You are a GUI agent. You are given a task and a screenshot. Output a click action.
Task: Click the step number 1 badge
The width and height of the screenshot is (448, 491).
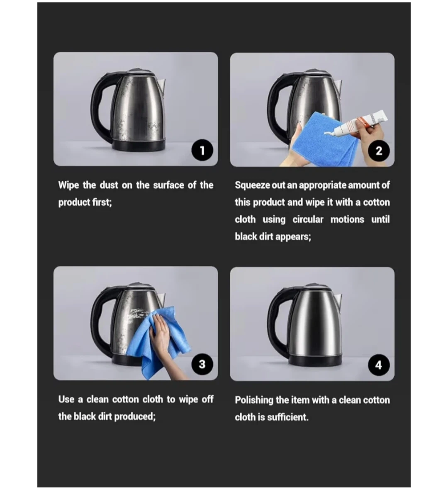[202, 150]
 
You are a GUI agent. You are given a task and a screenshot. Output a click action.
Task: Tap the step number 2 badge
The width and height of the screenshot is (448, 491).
[379, 151]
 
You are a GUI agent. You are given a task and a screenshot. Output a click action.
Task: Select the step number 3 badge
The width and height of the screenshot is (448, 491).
[202, 364]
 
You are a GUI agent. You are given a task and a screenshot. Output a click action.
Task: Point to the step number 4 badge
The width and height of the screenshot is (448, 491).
[379, 365]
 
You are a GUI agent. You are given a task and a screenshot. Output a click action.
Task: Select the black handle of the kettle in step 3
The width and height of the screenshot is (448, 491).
[101, 321]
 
